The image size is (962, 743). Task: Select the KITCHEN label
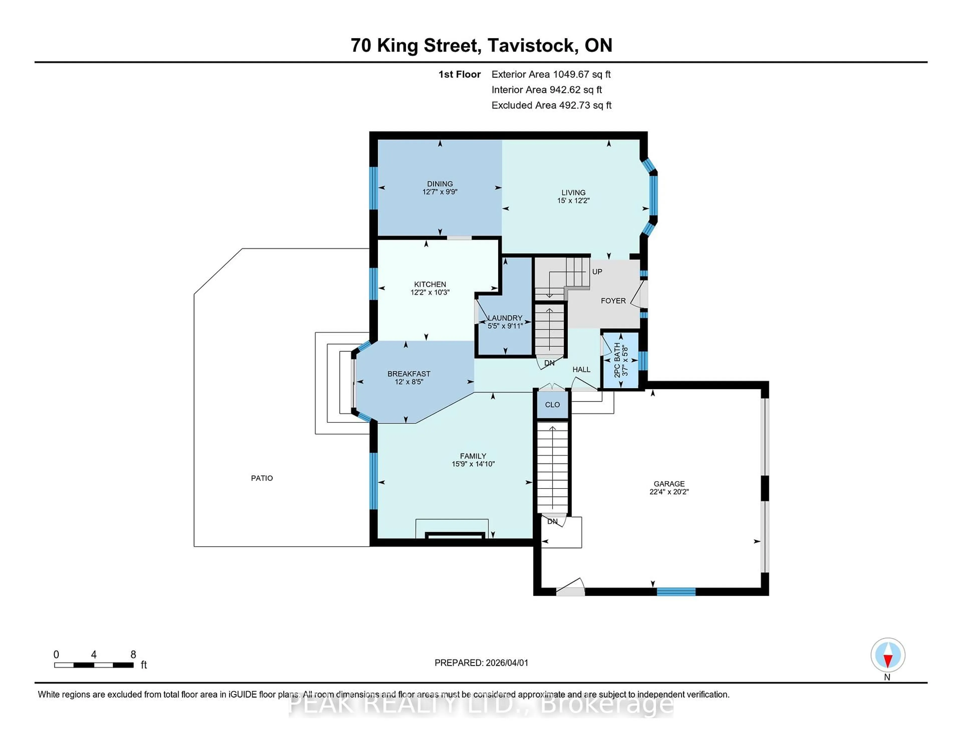[x=430, y=284]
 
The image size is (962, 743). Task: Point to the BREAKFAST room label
[x=409, y=374]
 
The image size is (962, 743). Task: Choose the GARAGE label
[x=669, y=484]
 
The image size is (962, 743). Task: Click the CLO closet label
[x=552, y=405]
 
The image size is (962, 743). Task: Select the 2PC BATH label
[x=617, y=360]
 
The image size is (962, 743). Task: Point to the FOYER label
[x=613, y=301]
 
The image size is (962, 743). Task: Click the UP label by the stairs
[x=597, y=272]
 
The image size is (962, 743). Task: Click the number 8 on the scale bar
[x=133, y=655]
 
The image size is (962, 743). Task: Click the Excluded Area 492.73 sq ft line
[x=551, y=105]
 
